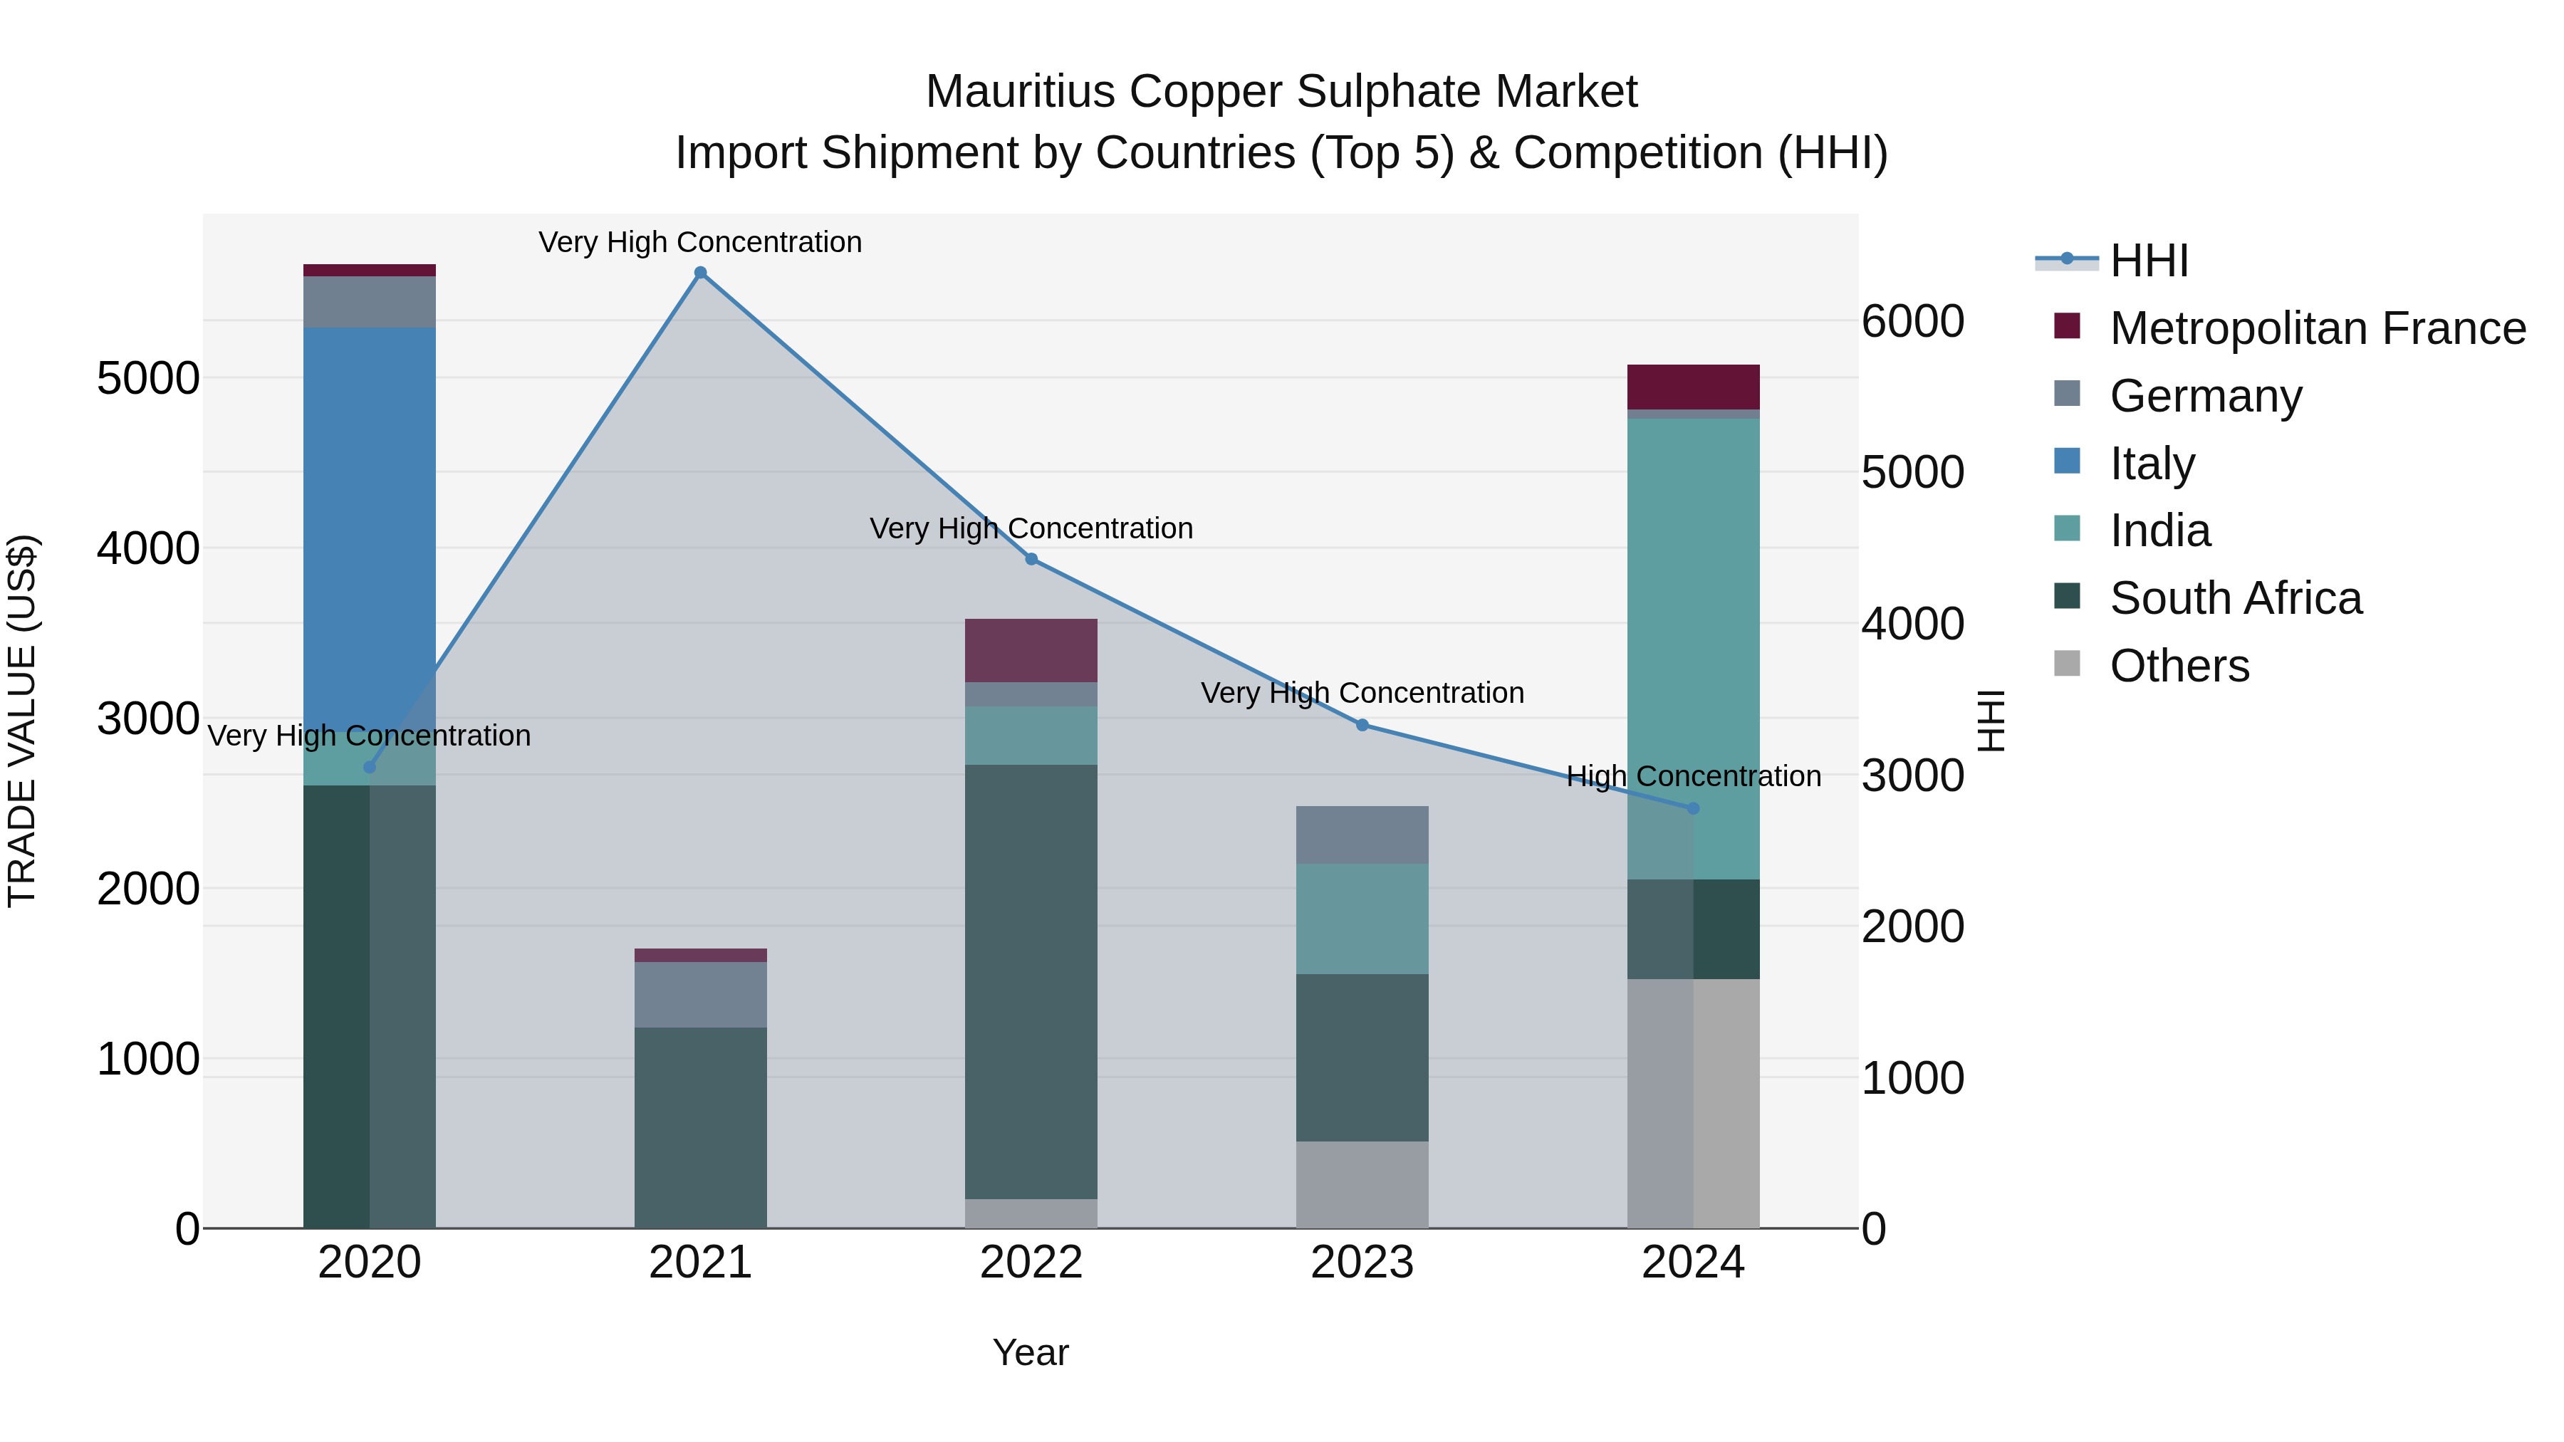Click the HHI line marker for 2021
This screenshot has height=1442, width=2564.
tap(701, 273)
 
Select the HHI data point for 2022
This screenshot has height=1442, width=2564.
tap(1031, 559)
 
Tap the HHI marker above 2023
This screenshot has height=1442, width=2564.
tap(1362, 724)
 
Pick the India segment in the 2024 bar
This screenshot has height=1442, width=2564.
tap(1693, 647)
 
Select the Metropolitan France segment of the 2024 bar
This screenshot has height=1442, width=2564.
tap(1693, 386)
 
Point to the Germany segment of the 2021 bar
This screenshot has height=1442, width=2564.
tap(701, 994)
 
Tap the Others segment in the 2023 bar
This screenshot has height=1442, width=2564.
tap(1362, 1184)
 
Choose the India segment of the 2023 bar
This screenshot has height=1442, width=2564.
tap(1362, 919)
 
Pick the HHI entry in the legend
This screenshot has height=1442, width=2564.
tap(2148, 261)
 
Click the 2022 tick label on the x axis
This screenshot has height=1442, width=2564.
tap(1031, 1263)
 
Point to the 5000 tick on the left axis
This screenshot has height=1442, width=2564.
tap(147, 378)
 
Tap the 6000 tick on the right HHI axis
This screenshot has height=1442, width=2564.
tap(1912, 321)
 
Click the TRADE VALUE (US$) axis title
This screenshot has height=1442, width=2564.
tap(23, 721)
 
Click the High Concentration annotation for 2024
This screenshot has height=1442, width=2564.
tap(1693, 776)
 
